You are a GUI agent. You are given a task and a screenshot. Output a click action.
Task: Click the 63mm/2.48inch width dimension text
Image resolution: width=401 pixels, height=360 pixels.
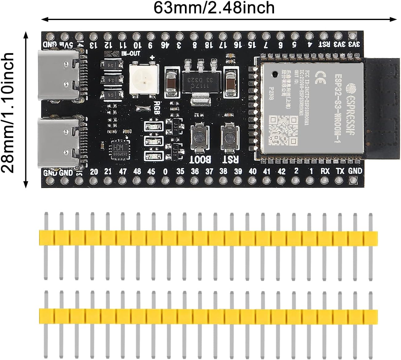[x=214, y=8]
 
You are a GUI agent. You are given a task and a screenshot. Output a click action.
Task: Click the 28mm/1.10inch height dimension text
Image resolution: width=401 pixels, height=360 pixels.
[x=8, y=113]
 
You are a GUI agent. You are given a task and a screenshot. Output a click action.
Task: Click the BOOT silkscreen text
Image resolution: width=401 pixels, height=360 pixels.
[x=200, y=160]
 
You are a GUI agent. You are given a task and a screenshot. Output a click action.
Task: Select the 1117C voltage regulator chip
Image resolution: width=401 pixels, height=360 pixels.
[x=198, y=80]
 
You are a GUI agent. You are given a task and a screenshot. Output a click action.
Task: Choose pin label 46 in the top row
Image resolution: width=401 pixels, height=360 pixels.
[x=165, y=45]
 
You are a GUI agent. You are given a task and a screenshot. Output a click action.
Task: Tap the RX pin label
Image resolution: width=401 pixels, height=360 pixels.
[x=325, y=171]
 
